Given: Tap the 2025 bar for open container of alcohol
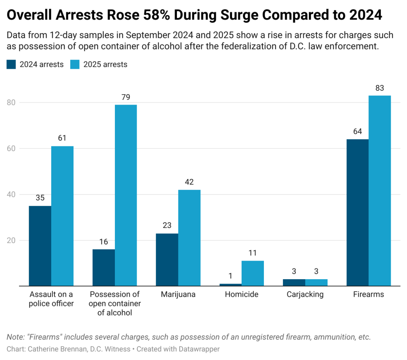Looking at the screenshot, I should tap(126, 195).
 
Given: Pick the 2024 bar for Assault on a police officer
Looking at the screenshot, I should tap(40, 245).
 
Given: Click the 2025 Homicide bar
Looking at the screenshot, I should tap(253, 273).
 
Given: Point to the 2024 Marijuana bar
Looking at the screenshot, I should tap(167, 259).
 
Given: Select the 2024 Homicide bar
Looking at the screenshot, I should tap(231, 284).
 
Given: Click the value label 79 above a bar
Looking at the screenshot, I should tap(126, 97).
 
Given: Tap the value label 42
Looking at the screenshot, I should tap(189, 182).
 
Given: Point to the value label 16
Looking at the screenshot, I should tap(103, 242).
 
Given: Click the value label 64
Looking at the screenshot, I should tap(357, 132).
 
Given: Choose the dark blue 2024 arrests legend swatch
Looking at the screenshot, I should tap(11, 64).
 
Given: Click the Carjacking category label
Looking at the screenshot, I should tap(305, 295).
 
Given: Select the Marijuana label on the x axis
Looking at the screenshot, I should tap(178, 295).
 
